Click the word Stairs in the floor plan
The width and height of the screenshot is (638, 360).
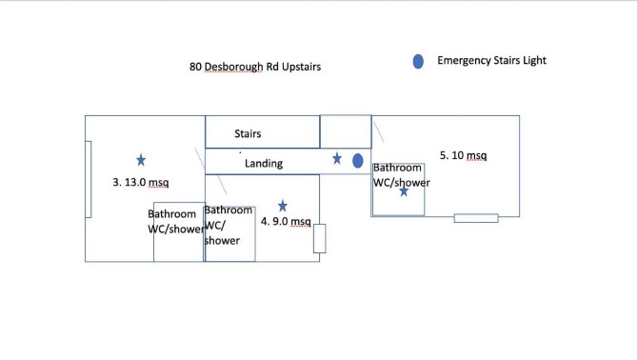click(248, 133)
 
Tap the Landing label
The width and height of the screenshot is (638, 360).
click(264, 163)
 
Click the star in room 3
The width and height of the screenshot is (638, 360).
click(141, 160)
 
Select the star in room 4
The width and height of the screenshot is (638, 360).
click(283, 206)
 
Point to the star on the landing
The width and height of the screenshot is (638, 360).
click(337, 158)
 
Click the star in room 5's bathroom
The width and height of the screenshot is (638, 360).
click(404, 190)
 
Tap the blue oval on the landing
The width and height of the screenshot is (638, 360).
click(358, 161)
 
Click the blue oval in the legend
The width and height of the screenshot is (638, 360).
click(418, 61)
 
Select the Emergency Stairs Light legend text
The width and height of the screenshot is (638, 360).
click(491, 60)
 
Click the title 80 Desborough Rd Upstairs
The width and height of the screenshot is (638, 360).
click(255, 67)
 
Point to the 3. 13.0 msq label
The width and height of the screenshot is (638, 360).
click(141, 182)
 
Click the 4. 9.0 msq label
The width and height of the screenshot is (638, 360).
click(286, 221)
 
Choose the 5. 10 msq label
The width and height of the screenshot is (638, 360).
click(463, 155)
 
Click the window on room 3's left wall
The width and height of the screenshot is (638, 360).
click(89, 179)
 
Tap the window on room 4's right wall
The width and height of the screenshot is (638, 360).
click(319, 238)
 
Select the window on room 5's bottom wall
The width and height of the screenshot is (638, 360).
click(476, 218)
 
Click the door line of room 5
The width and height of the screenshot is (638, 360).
click(378, 131)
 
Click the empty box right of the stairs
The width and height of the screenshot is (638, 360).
click(346, 131)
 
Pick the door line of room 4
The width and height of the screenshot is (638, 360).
click(222, 184)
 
